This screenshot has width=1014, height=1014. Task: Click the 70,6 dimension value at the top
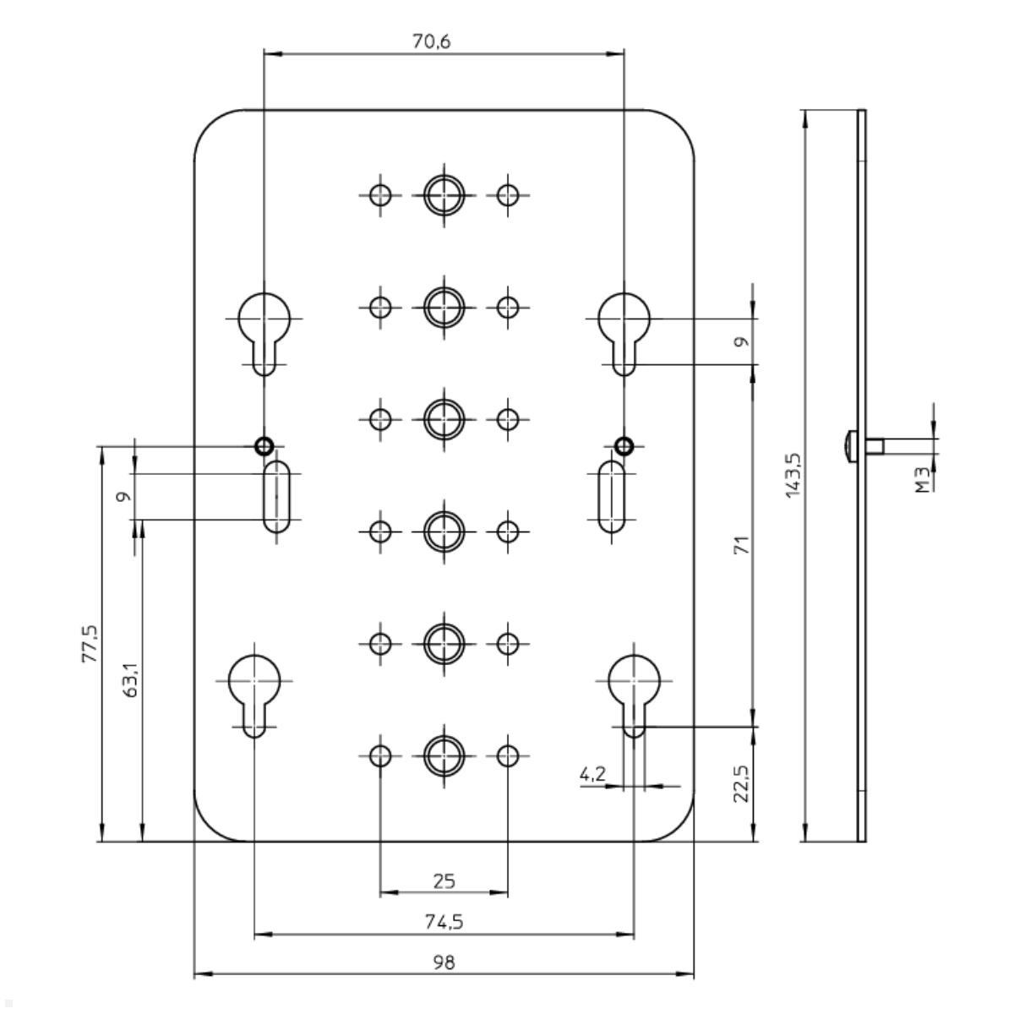431,41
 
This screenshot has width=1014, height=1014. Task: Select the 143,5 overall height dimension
793,475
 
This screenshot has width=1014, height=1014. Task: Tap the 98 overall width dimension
444,962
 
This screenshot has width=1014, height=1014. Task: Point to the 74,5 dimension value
444,921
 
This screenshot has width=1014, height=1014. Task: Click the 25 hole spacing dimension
444,881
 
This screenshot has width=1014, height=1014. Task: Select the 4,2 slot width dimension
592,774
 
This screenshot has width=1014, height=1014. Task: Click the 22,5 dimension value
742,784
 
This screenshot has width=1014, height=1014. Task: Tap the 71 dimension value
742,545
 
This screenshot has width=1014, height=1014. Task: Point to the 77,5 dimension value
89,644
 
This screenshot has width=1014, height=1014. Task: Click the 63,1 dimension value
129,679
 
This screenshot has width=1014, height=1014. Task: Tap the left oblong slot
276,496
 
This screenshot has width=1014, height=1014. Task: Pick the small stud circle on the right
624,445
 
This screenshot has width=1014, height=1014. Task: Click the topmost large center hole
444,194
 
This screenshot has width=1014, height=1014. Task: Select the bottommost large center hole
444,755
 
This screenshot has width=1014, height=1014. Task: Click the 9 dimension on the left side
124,496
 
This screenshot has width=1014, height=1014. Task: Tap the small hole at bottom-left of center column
381,755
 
